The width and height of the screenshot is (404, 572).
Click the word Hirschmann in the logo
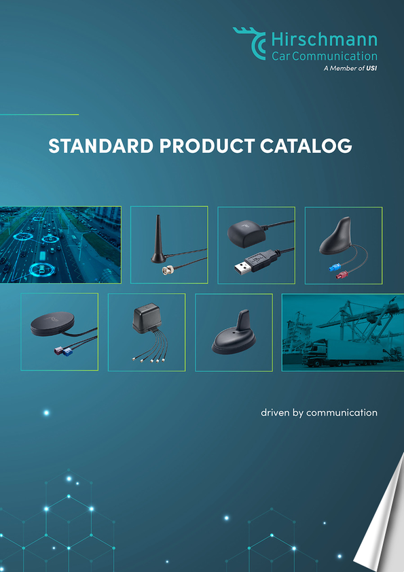325,39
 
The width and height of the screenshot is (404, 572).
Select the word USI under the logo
371,68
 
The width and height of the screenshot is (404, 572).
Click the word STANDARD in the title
101,146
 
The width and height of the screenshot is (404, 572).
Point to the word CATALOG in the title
306,146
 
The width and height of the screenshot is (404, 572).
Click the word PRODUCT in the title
206,146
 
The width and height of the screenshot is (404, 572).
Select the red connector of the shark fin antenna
341,274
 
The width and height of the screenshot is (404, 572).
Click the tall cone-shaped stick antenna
158,240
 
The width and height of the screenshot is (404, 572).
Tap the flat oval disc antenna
52,324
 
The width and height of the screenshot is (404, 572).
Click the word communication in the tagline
342,413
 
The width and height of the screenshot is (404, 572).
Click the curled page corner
382,518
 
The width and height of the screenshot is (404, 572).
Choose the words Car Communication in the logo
325,56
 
